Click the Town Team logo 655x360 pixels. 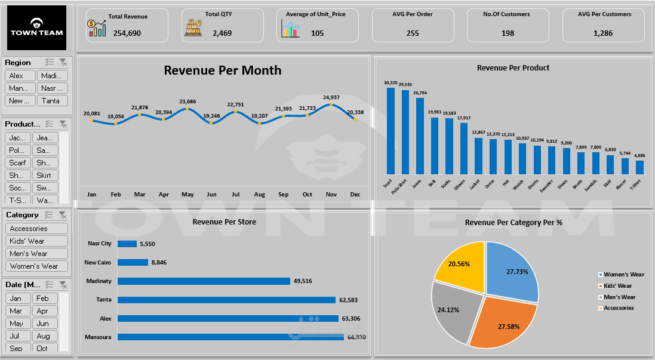(36, 27)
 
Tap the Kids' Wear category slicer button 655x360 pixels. (36, 241)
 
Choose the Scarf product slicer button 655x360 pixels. (18, 163)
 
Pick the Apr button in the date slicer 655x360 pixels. (44, 311)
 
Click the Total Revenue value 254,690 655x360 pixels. (127, 33)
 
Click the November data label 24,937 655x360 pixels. (331, 97)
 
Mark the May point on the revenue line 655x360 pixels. (187, 109)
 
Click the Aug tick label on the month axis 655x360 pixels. (259, 195)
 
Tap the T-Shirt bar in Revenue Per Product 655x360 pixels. (639, 167)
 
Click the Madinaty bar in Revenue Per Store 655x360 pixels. (204, 281)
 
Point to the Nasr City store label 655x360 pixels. (99, 244)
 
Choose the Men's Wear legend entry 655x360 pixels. (619, 297)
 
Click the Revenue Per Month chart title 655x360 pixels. (223, 70)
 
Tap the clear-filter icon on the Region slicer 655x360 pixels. (63, 62)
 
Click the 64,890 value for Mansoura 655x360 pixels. (356, 337)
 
